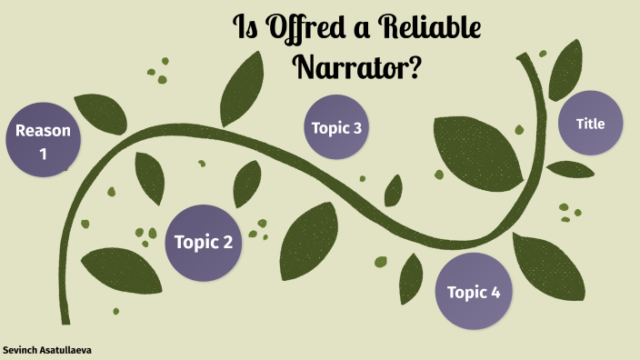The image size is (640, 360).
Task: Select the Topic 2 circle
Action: [x=204, y=242]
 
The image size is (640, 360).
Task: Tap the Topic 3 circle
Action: [x=336, y=128]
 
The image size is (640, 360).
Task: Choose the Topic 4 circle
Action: [x=474, y=292]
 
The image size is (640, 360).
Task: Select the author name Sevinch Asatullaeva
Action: [x=47, y=349]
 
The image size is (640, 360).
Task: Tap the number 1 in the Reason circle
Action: [x=43, y=155]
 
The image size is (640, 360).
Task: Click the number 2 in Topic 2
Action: [x=227, y=243]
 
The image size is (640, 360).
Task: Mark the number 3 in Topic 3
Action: [x=357, y=128]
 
